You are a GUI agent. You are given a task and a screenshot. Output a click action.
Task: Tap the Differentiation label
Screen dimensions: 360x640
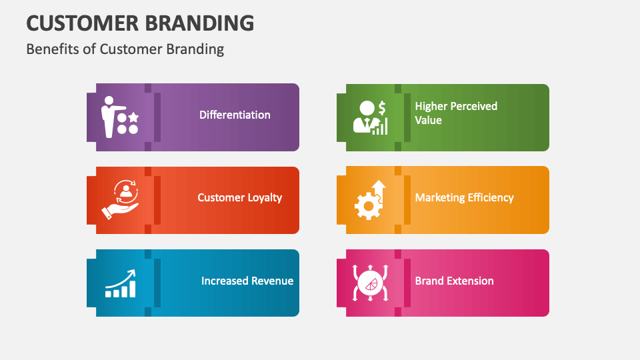(x=235, y=115)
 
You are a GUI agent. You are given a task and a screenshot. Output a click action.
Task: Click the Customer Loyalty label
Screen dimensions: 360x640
(x=240, y=197)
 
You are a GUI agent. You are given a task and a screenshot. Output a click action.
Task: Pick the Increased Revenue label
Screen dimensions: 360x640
(x=247, y=281)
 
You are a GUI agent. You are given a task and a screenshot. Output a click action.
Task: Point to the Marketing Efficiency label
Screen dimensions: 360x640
(x=464, y=197)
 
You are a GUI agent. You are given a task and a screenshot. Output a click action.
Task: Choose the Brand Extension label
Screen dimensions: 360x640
(x=454, y=281)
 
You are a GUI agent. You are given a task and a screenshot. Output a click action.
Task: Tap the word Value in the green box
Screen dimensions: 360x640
(x=428, y=120)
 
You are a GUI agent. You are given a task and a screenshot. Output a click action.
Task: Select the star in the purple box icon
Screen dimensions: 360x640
(x=133, y=116)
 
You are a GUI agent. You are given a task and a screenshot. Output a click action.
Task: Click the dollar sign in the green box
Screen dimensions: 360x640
(x=382, y=107)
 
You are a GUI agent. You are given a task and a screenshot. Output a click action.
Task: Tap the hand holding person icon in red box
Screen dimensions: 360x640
(x=121, y=200)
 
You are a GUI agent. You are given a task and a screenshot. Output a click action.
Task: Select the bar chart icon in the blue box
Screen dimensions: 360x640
(x=121, y=285)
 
